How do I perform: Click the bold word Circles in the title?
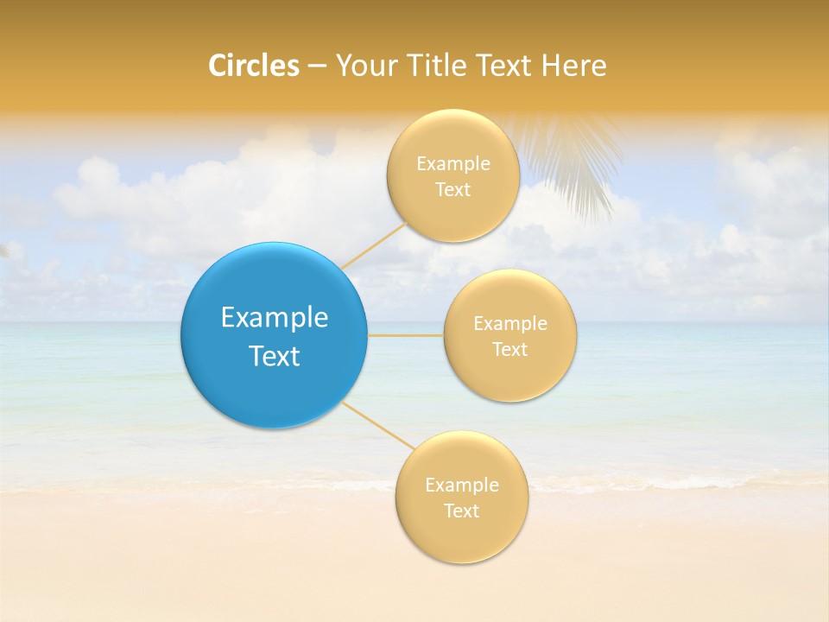pos(254,66)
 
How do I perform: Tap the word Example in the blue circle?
pos(275,318)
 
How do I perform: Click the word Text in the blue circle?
pos(275,356)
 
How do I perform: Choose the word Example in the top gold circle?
pos(453,164)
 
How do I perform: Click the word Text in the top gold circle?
pos(452,190)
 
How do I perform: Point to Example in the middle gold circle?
pos(510,324)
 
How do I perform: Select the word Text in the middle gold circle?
pos(510,350)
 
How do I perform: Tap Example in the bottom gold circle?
pos(462,486)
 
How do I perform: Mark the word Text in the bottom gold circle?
pos(461,511)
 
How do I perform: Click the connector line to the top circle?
pos(374,245)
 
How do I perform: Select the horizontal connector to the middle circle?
pos(406,335)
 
